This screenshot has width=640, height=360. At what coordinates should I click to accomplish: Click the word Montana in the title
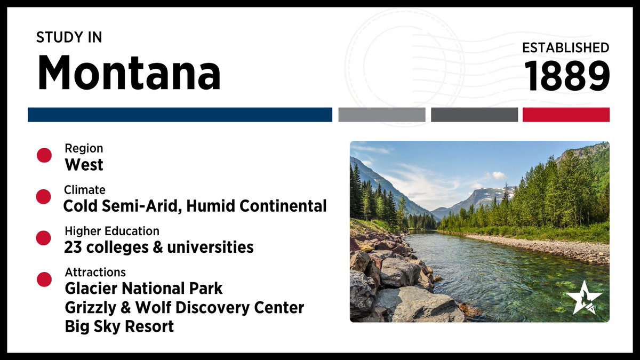coord(129,73)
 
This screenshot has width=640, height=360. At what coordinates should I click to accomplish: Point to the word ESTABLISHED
coord(565,47)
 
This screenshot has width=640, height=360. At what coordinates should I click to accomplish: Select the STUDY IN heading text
coord(69,37)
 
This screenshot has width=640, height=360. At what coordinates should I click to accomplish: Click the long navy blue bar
coord(180,115)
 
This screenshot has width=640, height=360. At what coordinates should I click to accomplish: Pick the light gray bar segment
coord(381,115)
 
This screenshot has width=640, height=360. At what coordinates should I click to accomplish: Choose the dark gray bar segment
coord(474,115)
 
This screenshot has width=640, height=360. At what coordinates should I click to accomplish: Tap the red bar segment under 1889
coord(566,115)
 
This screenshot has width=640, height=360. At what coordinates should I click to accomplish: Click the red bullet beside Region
coord(44,155)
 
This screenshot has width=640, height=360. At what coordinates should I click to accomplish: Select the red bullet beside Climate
coord(44,197)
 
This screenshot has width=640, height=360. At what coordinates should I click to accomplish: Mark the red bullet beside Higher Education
coord(44,238)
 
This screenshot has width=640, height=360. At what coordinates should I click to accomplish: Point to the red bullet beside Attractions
coord(44,279)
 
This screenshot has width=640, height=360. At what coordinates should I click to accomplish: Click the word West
coord(84,165)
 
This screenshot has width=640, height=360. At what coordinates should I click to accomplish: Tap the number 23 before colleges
coord(72,247)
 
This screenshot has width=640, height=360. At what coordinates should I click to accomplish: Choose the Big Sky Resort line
coord(119,326)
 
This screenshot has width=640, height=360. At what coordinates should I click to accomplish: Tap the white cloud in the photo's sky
coord(499,175)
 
